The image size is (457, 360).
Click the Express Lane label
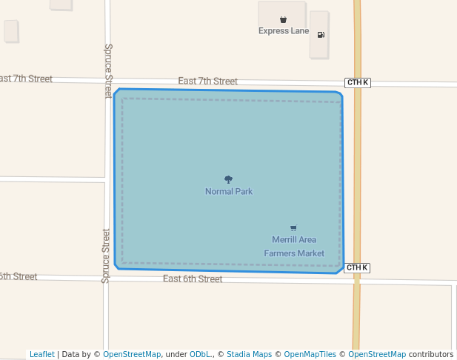[284, 31]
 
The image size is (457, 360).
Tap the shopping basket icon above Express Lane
[283, 19]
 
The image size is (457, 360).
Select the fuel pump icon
[321, 35]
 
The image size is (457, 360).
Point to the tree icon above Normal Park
[228, 179]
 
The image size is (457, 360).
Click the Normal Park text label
[229, 192]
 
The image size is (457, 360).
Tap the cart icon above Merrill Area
[294, 228]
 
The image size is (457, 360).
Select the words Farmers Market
[294, 253]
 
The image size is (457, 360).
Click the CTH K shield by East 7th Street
[358, 82]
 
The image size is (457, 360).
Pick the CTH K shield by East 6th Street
[356, 267]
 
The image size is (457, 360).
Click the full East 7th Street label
[207, 81]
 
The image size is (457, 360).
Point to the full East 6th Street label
[193, 279]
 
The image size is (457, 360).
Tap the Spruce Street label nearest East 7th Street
[108, 70]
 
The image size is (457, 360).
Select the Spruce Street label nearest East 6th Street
[106, 256]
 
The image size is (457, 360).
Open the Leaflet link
[41, 355]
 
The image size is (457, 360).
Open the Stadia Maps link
[249, 355]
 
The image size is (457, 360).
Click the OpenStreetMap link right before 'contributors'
[377, 355]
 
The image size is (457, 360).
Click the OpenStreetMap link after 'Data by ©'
[132, 355]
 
